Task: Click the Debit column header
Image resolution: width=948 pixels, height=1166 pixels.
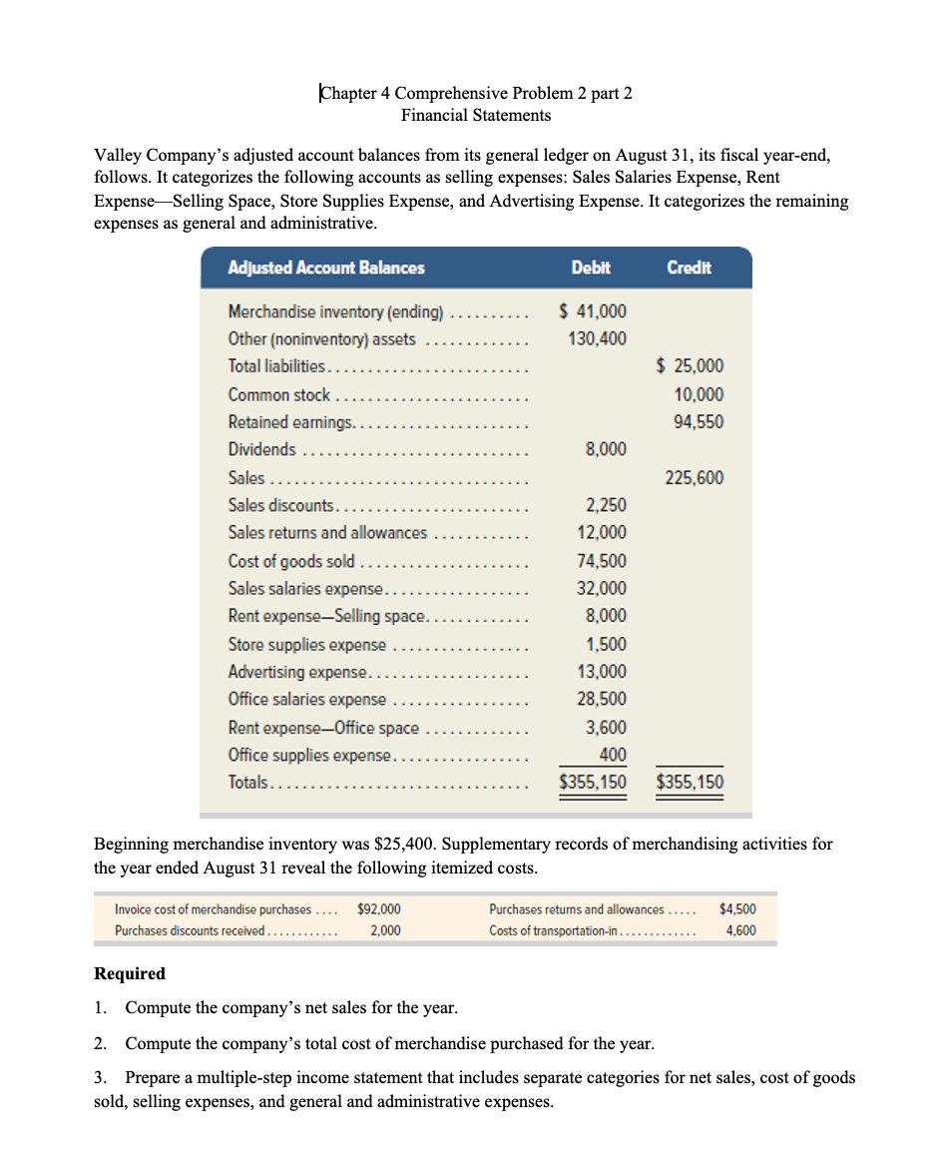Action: [591, 268]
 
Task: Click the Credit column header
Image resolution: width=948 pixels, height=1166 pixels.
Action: [689, 268]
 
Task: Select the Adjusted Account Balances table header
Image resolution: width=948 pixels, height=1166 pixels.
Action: [326, 268]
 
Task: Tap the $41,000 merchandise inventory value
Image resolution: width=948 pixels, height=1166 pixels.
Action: [593, 311]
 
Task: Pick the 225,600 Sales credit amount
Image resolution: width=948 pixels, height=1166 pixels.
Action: [695, 478]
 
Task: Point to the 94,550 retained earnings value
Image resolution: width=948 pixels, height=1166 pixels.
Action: [700, 422]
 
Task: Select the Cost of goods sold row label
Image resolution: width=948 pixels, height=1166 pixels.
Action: [291, 560]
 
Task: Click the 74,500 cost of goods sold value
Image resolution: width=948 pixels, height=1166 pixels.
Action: [603, 561]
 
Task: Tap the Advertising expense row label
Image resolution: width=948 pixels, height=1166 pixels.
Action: [299, 671]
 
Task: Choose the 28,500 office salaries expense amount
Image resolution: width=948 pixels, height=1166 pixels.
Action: [603, 699]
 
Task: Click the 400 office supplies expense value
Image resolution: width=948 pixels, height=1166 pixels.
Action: [613, 755]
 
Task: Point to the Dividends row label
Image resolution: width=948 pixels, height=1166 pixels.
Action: [261, 449]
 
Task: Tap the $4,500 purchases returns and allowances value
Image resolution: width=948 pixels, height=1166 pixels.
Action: [736, 909]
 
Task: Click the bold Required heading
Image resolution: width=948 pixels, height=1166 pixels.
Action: [130, 973]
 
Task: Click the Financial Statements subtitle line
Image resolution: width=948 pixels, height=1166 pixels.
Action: [476, 116]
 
